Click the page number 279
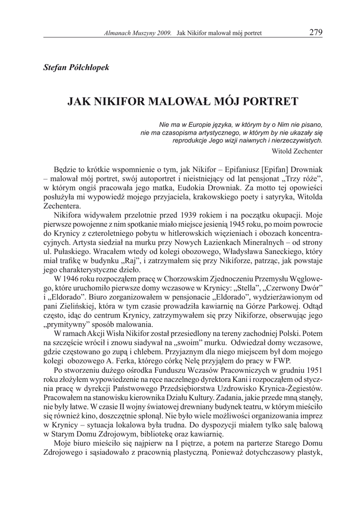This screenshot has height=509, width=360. click(316, 33)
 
